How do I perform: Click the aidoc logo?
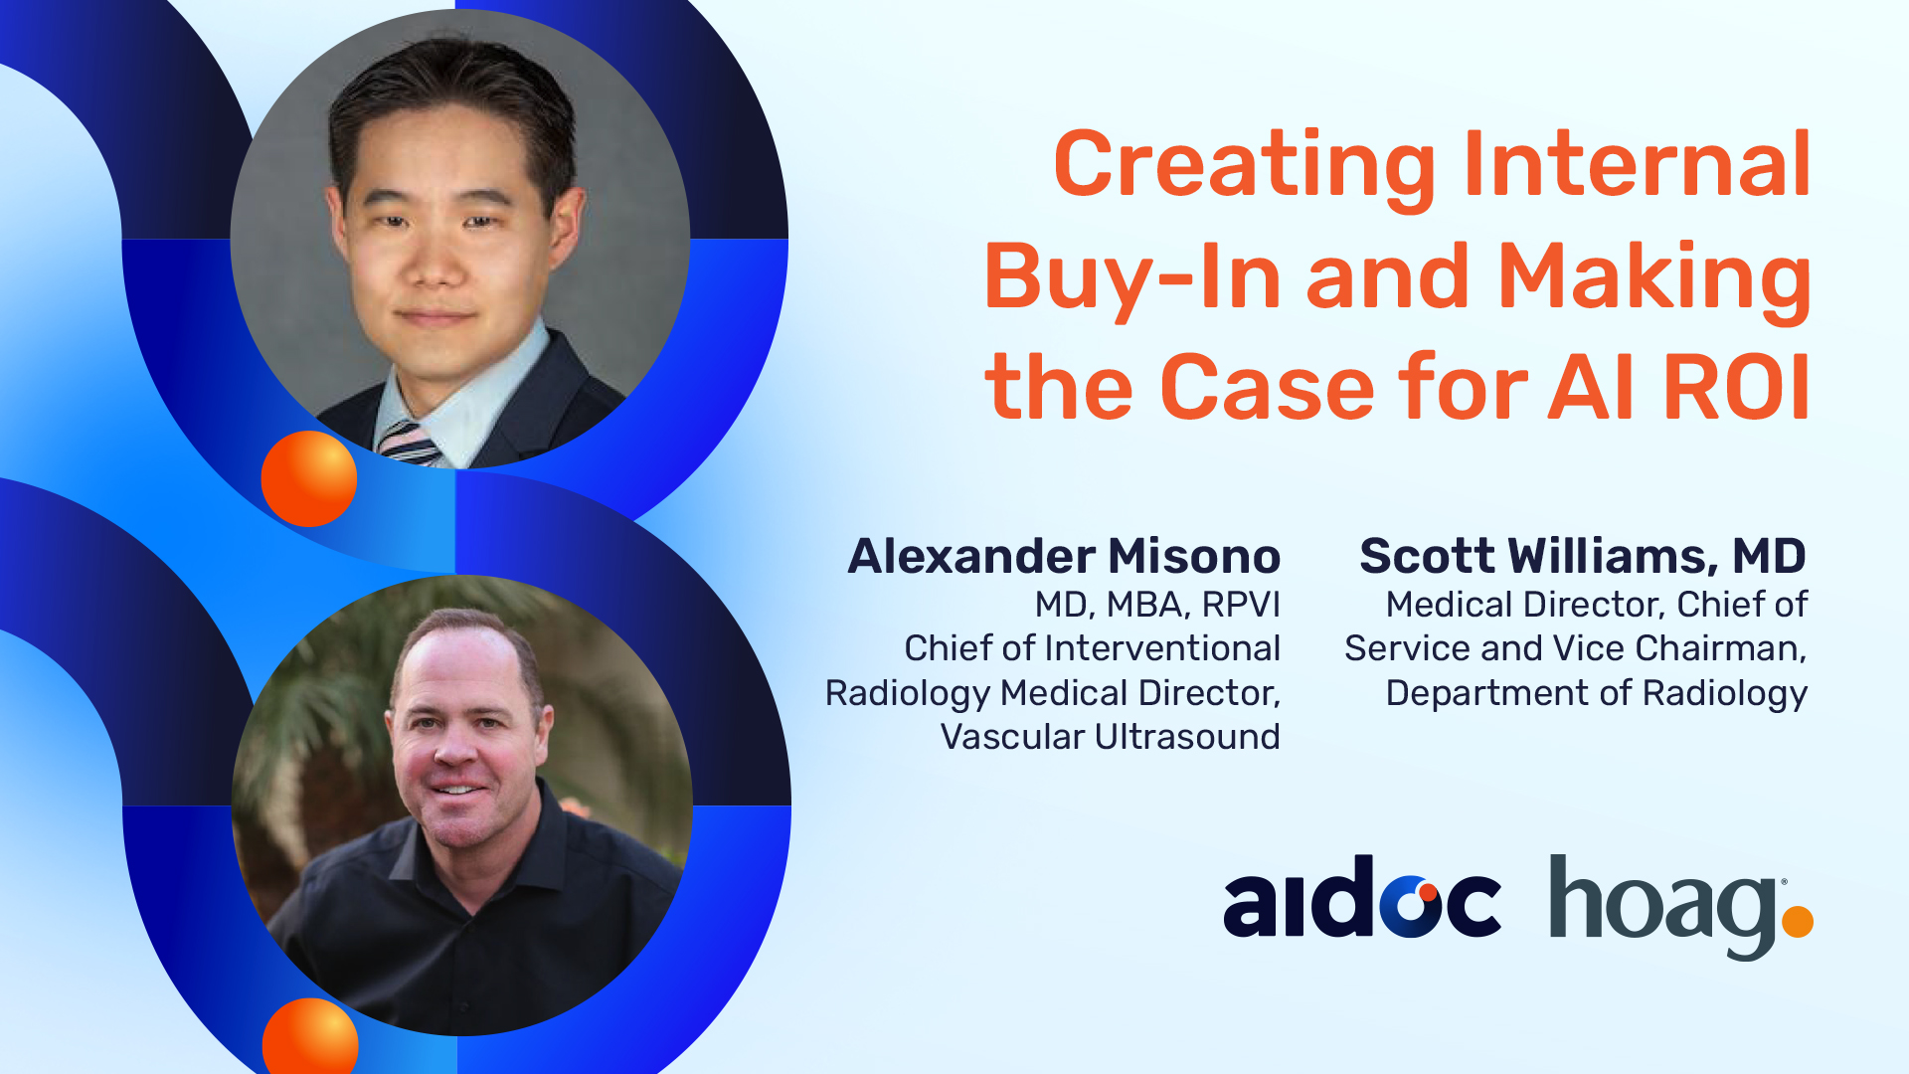click(x=1361, y=896)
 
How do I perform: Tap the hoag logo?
click(x=1681, y=907)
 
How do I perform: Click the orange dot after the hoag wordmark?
click(x=1798, y=921)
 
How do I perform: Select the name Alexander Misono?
click(x=1064, y=556)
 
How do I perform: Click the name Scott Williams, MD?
click(x=1583, y=556)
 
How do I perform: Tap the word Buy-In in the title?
click(x=1132, y=279)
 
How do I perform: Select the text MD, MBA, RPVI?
click(x=1157, y=605)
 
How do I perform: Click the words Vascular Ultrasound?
click(x=1111, y=737)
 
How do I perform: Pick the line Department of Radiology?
click(x=1597, y=693)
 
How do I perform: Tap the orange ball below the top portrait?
click(x=309, y=478)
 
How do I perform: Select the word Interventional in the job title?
click(x=1162, y=648)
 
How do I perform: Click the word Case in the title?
click(x=1268, y=387)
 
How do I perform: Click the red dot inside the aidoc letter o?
click(x=1428, y=891)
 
